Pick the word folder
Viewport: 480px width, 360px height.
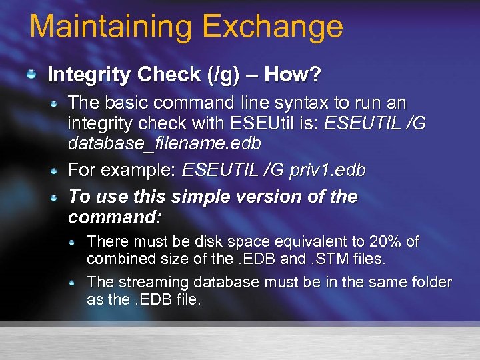coord(429,282)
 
